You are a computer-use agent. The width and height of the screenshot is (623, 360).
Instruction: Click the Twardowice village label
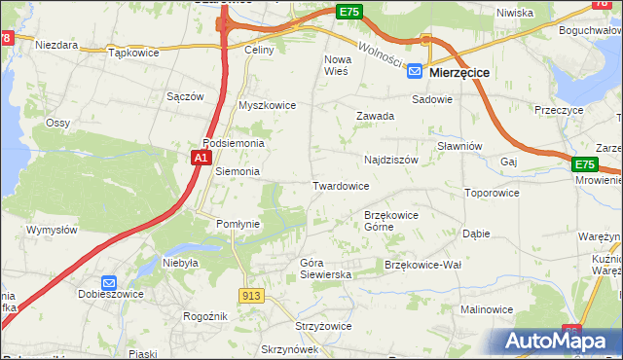pyautogui.click(x=340, y=185)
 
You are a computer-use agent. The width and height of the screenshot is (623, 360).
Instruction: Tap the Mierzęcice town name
pyautogui.click(x=459, y=72)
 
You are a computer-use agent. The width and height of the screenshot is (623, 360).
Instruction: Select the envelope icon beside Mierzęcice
pyautogui.click(x=415, y=71)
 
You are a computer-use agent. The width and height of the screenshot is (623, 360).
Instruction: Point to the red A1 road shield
pyautogui.click(x=201, y=157)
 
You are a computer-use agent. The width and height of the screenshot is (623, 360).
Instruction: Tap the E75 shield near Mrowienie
pyautogui.click(x=583, y=165)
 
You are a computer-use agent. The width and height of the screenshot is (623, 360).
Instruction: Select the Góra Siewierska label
pyautogui.click(x=325, y=269)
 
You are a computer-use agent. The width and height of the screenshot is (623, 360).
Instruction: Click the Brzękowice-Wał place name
pyautogui.click(x=422, y=265)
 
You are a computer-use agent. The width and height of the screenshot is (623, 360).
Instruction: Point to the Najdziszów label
pyautogui.click(x=390, y=160)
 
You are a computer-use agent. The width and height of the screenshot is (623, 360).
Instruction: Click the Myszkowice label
pyautogui.click(x=267, y=105)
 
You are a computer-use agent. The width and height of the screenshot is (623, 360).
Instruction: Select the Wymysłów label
pyautogui.click(x=52, y=230)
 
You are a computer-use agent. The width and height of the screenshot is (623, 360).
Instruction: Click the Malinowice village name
pyautogui.click(x=487, y=308)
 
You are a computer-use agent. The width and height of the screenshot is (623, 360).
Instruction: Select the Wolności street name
pyautogui.click(x=381, y=54)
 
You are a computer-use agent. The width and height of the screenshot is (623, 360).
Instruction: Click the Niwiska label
pyautogui.click(x=514, y=13)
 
